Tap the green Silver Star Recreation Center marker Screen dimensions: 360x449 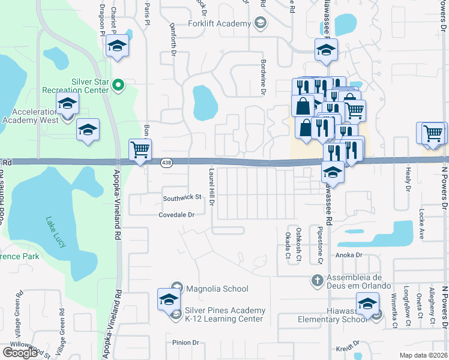click(x=118, y=86)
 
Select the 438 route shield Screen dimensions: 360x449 click(x=167, y=163)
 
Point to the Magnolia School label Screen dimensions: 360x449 click(x=217, y=289)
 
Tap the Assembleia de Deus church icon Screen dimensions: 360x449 click(x=318, y=280)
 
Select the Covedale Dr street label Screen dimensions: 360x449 click(x=177, y=214)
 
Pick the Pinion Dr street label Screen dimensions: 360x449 click(x=185, y=343)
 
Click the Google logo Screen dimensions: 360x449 click(x=20, y=352)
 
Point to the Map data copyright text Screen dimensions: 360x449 click(x=424, y=355)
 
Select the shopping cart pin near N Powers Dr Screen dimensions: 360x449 click(x=433, y=133)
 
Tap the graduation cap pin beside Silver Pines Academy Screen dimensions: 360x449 click(x=169, y=299)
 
